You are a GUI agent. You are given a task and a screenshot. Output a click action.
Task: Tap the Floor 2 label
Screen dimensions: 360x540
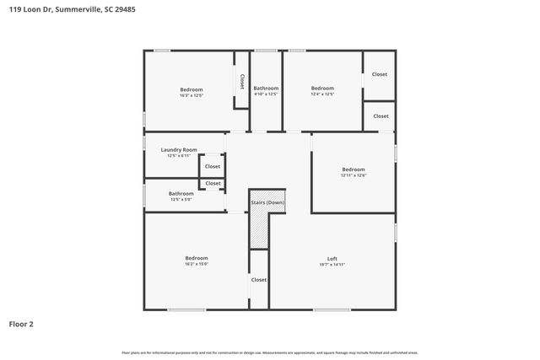coord(22,324)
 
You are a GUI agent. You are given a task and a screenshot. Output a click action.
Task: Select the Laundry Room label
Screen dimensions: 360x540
coord(178,149)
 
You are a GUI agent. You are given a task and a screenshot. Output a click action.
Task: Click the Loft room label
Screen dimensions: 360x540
coord(332,258)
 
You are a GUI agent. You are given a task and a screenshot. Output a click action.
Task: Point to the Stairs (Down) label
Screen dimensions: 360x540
coord(267,203)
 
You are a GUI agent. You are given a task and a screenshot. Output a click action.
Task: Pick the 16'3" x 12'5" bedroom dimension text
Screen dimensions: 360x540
coord(191,95)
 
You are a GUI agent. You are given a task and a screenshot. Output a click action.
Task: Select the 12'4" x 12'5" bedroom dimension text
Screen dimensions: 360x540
coord(322,94)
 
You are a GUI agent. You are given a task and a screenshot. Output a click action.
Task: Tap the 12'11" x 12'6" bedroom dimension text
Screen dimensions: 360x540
coord(353,175)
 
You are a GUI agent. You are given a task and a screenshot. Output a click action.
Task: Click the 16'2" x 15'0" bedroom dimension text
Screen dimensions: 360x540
coord(197,264)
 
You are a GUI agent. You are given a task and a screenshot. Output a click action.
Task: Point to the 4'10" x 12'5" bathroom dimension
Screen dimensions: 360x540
coord(266,94)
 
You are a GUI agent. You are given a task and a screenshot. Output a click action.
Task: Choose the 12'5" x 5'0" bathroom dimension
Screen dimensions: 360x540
coord(181,200)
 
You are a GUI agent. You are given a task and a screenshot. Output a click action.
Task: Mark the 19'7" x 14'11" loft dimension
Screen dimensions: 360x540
coord(332,265)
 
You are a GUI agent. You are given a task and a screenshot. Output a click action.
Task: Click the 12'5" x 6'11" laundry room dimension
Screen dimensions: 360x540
coord(178,156)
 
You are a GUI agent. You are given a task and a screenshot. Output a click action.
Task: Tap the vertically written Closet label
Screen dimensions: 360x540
coord(242,82)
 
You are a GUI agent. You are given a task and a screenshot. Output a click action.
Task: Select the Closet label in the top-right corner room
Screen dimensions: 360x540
coord(381,74)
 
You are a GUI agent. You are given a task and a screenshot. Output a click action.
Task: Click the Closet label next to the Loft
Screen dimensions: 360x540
coord(259,280)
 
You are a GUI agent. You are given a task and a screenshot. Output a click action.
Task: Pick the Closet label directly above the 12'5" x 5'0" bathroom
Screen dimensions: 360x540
coord(213,183)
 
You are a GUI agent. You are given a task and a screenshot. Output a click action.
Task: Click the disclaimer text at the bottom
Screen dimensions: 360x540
coord(269,352)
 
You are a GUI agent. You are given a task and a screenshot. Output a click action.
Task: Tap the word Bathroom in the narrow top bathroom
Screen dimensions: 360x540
coord(266,88)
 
